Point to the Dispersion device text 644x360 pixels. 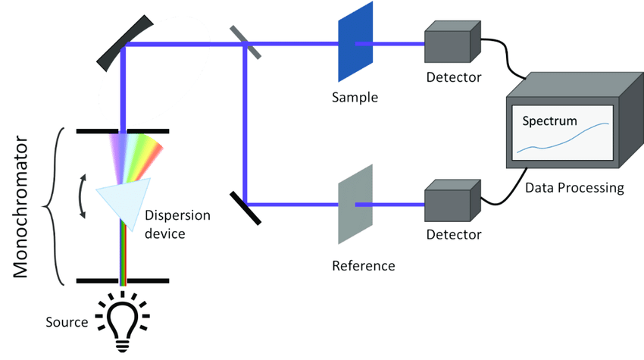click(x=175, y=224)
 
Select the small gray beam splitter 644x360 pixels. click(x=245, y=42)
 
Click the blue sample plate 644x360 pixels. click(x=355, y=42)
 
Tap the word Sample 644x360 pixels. click(x=354, y=97)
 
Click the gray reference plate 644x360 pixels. click(x=355, y=203)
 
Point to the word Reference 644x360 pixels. click(x=364, y=265)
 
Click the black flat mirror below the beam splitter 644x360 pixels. click(x=243, y=206)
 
